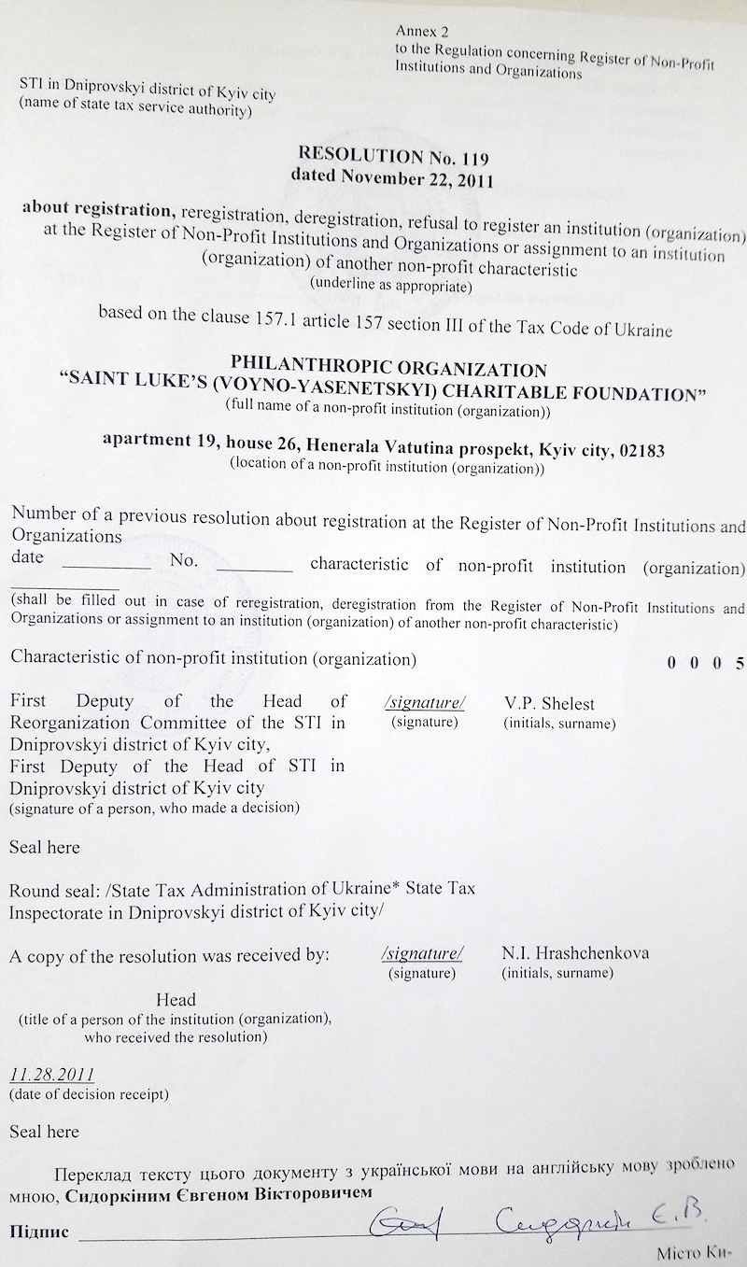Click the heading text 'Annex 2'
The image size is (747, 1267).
(416, 32)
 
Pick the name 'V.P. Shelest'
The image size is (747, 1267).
(549, 703)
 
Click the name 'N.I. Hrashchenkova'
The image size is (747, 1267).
(575, 953)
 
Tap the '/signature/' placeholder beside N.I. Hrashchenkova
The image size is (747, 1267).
(422, 954)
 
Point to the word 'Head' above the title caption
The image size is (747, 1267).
(176, 1000)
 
